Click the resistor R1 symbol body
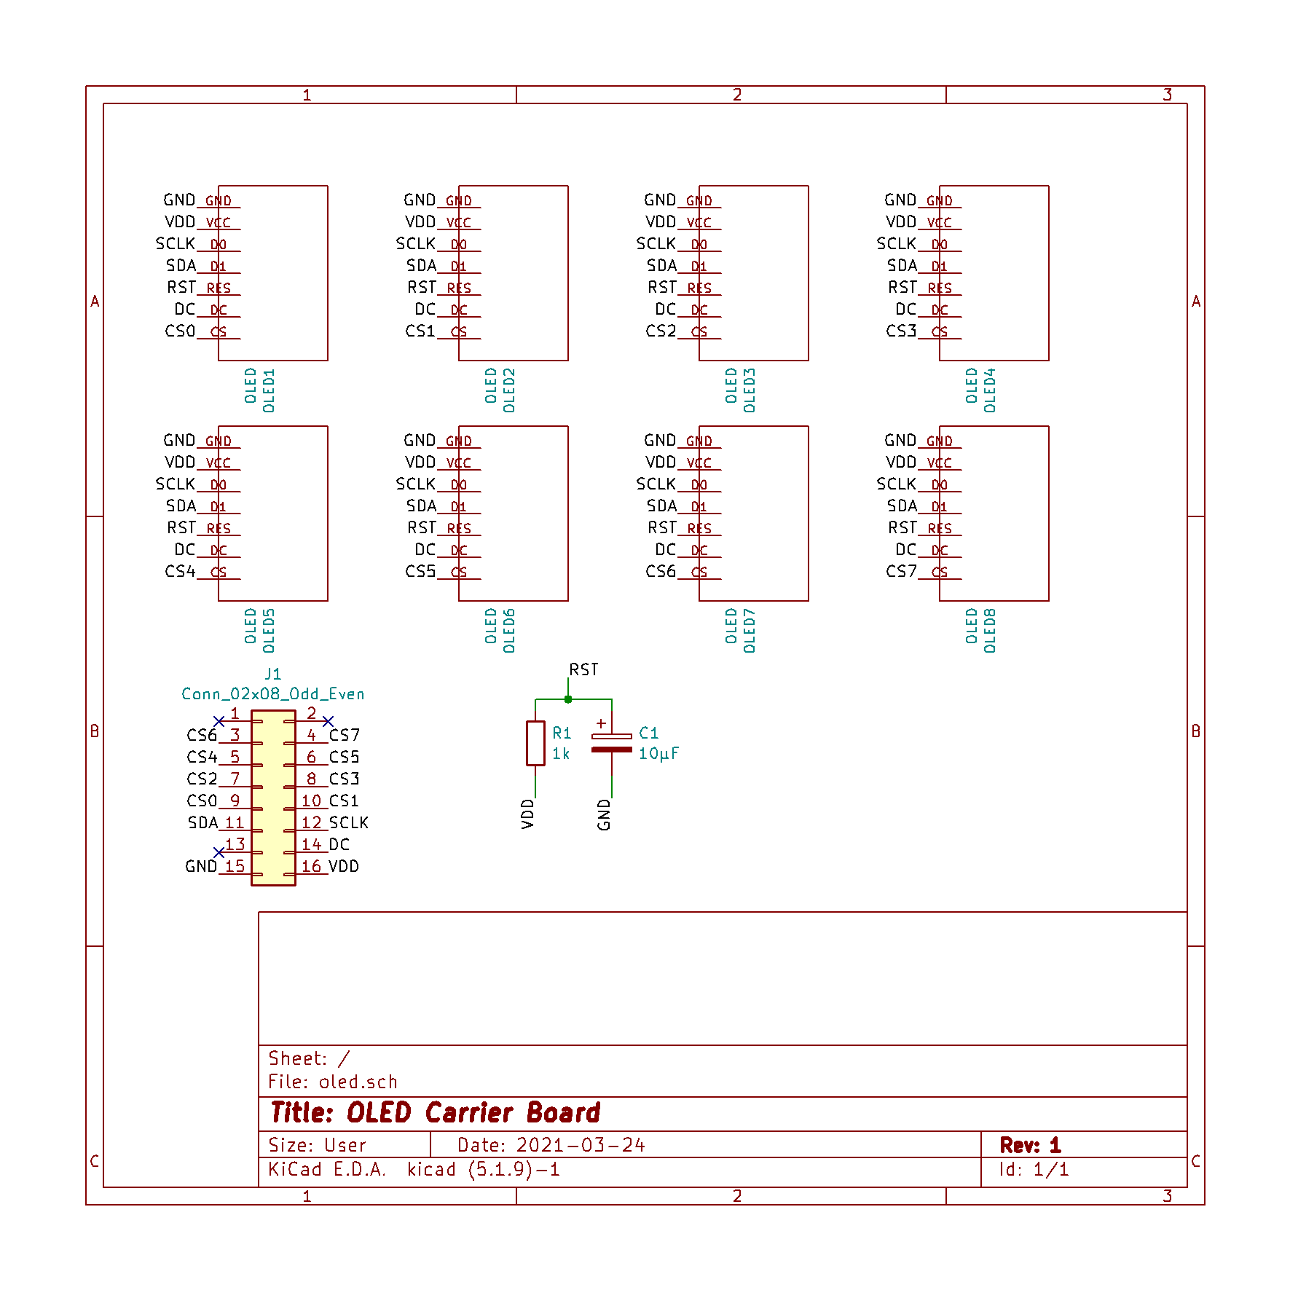(535, 743)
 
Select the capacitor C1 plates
(612, 743)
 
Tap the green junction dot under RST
(568, 699)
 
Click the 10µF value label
(658, 754)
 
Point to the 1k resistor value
(561, 754)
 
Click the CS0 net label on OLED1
(180, 331)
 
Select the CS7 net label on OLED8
(901, 572)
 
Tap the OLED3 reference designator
(750, 390)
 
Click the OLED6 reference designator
(509, 631)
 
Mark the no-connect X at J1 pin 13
(219, 852)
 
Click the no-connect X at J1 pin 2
(328, 721)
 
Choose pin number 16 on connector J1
(311, 867)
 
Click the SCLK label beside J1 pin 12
(349, 823)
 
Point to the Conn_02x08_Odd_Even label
(272, 694)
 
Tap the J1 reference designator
(272, 675)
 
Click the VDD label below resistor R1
(528, 814)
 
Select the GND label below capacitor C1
(604, 814)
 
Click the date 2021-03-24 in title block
(581, 1146)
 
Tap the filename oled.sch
(358, 1082)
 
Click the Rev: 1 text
(1030, 1146)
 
